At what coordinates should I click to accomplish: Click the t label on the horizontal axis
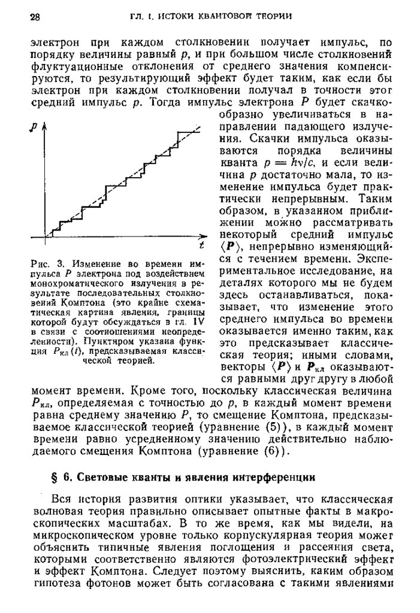pyautogui.click(x=203, y=247)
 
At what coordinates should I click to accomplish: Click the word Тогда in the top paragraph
pyautogui.click(x=161, y=102)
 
